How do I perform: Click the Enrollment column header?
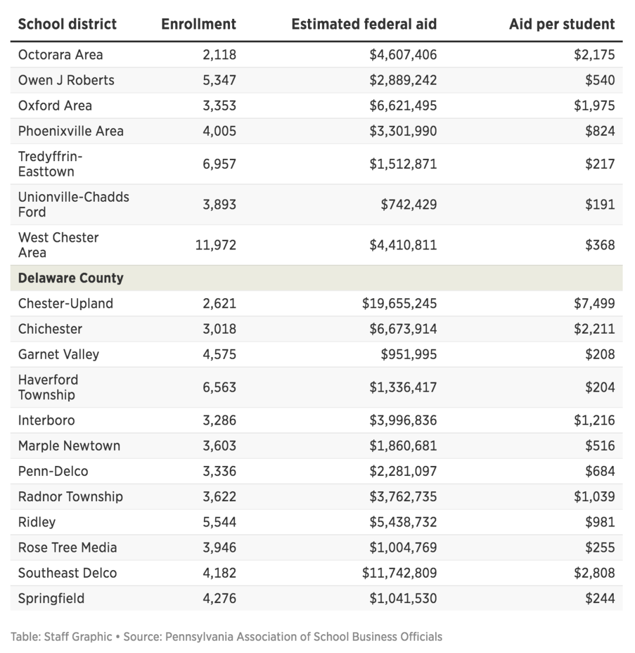click(x=199, y=24)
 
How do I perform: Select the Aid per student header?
click(x=562, y=24)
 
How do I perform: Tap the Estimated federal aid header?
click(x=364, y=24)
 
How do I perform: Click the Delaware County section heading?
click(x=71, y=278)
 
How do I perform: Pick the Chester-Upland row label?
click(x=65, y=304)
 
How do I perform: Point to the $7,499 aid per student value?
click(x=594, y=304)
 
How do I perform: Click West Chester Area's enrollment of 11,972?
click(x=216, y=245)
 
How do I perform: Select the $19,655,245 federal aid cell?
click(x=399, y=304)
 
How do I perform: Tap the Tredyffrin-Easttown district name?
click(x=51, y=164)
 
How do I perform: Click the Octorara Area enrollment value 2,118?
click(x=219, y=55)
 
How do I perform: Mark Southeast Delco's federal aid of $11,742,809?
click(x=399, y=573)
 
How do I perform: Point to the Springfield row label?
click(x=51, y=598)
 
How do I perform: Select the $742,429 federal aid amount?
click(x=409, y=205)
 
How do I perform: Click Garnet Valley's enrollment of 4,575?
click(x=219, y=354)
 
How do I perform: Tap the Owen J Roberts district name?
click(x=66, y=80)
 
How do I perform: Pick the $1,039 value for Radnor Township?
click(x=594, y=497)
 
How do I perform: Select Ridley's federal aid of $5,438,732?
click(x=403, y=522)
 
